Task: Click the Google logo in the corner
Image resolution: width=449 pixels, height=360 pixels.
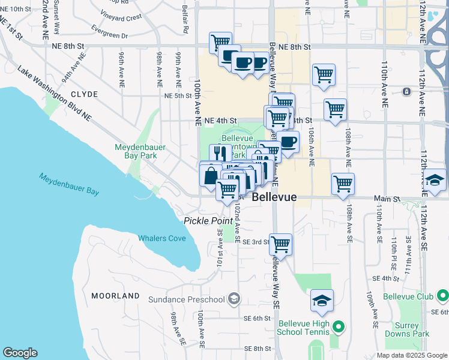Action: tap(20, 353)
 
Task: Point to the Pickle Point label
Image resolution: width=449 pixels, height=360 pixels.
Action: tap(208, 221)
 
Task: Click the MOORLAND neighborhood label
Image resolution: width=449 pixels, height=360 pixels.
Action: tap(115, 296)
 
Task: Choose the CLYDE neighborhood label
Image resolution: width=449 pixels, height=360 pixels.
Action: tap(84, 95)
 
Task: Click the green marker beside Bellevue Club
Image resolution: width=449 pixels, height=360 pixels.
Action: tap(443, 296)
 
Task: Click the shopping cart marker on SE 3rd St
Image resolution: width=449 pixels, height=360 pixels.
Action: tap(280, 245)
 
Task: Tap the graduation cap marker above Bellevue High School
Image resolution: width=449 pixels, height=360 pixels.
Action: tap(322, 301)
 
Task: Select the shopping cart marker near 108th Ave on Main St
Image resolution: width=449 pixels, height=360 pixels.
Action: tap(343, 184)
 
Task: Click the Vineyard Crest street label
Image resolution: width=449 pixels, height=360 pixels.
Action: tap(121, 17)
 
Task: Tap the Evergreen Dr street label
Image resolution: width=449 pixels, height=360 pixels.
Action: tap(109, 32)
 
